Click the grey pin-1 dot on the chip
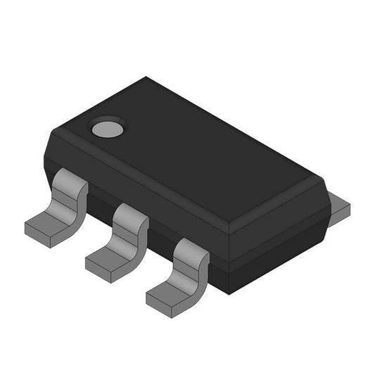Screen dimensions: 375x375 pos(107,128)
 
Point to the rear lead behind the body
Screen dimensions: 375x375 pos(341,207)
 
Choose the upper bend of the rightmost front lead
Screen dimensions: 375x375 pos(191,252)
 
